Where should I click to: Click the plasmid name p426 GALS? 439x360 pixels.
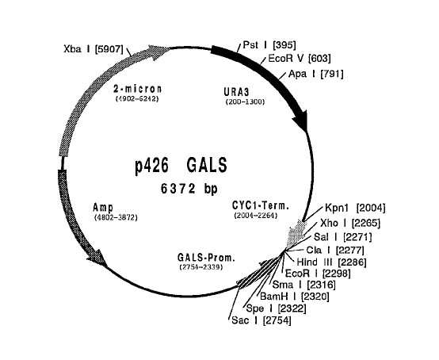pos(181,166)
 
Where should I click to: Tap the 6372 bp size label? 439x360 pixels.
pos(189,189)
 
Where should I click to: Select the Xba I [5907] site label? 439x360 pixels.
pos(94,49)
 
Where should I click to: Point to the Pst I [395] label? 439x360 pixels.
pos(269,45)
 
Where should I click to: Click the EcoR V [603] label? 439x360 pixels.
pos(300,59)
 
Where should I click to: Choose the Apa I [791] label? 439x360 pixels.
pos(316,74)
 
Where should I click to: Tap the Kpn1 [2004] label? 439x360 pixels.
pos(355,208)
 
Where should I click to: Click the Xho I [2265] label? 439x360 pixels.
pos(350,223)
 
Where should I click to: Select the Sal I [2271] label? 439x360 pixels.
pos(343,237)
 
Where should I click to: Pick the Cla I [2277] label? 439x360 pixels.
pos(335,250)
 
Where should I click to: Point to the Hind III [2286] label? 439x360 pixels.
pos(331,262)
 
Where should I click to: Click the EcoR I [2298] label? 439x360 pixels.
pos(318,273)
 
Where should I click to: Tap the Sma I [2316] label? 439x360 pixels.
pos(303,285)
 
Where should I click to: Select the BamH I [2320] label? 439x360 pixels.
pos(295,297)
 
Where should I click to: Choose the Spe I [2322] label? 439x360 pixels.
pos(276,308)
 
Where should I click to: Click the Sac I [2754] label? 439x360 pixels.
pos(261,320)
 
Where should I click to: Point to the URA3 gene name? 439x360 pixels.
pos(236,92)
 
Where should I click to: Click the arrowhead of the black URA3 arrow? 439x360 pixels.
pos(301,122)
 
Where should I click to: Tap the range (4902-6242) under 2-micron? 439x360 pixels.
pos(137,99)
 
